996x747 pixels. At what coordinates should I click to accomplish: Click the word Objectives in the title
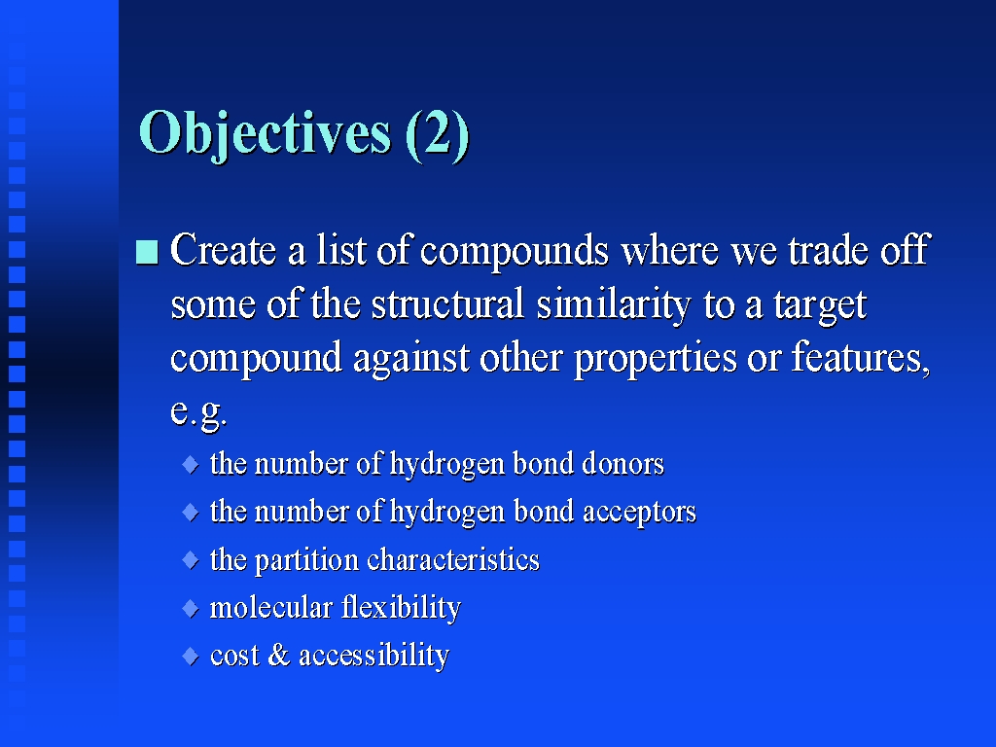(x=265, y=133)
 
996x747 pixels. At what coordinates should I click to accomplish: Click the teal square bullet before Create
(x=148, y=252)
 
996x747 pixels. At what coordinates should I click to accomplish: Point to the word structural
(x=447, y=303)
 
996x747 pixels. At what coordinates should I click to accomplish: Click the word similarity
(x=614, y=305)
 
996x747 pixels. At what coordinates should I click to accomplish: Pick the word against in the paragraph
(x=411, y=358)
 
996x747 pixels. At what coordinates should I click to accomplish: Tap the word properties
(x=656, y=360)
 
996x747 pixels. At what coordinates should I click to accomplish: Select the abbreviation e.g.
(x=198, y=412)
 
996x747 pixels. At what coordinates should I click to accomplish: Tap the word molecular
(x=271, y=607)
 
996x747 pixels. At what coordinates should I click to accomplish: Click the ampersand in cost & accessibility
(x=279, y=655)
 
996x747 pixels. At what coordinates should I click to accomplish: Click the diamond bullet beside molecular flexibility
(x=191, y=609)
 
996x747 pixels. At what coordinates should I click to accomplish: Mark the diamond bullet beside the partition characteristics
(x=191, y=560)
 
